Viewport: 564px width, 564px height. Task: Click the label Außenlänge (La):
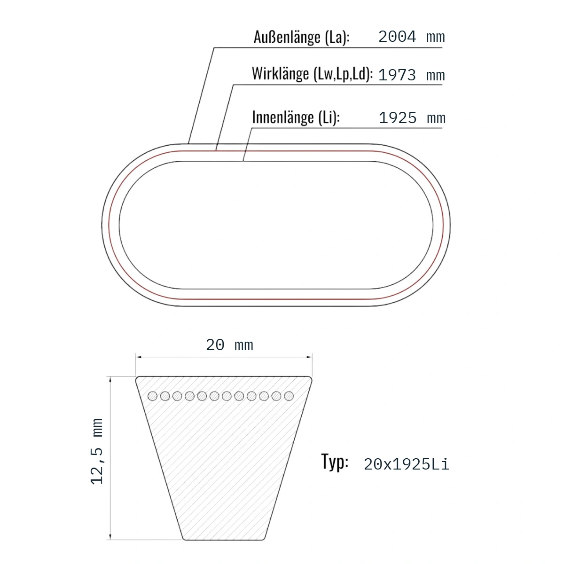[301, 38]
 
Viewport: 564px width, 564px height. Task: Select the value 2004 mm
[412, 37]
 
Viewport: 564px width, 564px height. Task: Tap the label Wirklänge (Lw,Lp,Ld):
[312, 74]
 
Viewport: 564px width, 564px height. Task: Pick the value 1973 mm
[412, 75]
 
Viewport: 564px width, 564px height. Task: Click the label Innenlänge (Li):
[296, 117]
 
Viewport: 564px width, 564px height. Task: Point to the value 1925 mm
[412, 118]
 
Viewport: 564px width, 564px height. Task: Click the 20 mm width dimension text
[229, 345]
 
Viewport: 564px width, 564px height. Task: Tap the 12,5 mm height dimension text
[97, 452]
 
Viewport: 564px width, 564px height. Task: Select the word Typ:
[335, 462]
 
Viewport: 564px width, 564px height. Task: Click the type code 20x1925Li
[406, 464]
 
